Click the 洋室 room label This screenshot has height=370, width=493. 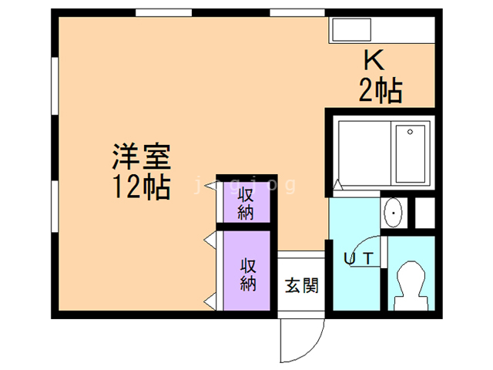141,158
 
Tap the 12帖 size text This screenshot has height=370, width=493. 141,187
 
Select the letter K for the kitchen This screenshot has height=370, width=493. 373,60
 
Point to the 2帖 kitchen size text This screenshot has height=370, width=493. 380,91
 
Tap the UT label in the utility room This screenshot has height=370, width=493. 359,260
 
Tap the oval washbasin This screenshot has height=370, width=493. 394,213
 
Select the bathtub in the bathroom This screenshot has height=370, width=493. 412,152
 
